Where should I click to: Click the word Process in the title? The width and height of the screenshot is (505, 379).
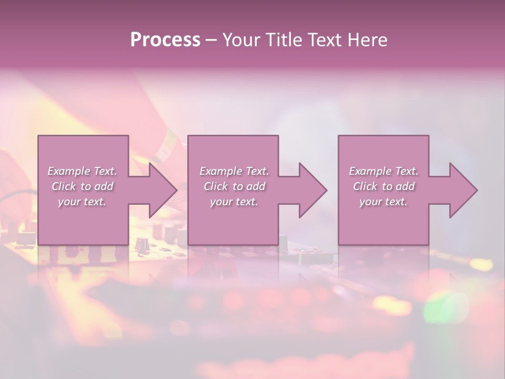(165, 40)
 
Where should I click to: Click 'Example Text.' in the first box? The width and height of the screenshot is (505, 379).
(83, 171)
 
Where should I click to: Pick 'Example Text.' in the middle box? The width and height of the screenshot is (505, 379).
(234, 171)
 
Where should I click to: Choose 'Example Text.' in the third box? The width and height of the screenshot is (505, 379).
(383, 171)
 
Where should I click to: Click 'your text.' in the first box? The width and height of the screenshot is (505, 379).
(82, 202)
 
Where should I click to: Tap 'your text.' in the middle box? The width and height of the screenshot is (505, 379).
(234, 202)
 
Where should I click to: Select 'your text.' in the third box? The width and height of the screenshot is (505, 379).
(383, 202)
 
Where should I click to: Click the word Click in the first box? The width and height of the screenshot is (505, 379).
(64, 186)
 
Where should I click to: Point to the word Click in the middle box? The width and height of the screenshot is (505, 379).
(215, 186)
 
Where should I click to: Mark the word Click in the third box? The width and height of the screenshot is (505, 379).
(365, 186)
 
